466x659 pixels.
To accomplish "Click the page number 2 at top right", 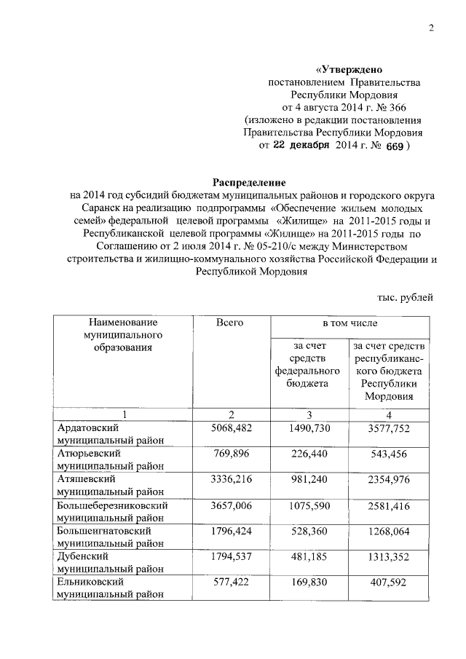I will [432, 28].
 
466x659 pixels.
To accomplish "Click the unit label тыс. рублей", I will [405, 296].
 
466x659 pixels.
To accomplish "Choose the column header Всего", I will [229, 322].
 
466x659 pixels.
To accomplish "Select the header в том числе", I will [350, 322].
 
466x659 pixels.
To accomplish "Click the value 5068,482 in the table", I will [230, 428].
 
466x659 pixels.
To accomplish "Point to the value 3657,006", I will [230, 504].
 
